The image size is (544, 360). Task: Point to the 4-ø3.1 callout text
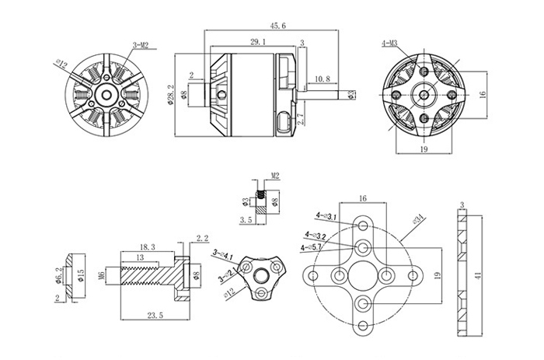coord(326,216)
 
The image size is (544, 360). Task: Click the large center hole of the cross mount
coord(364,277)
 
